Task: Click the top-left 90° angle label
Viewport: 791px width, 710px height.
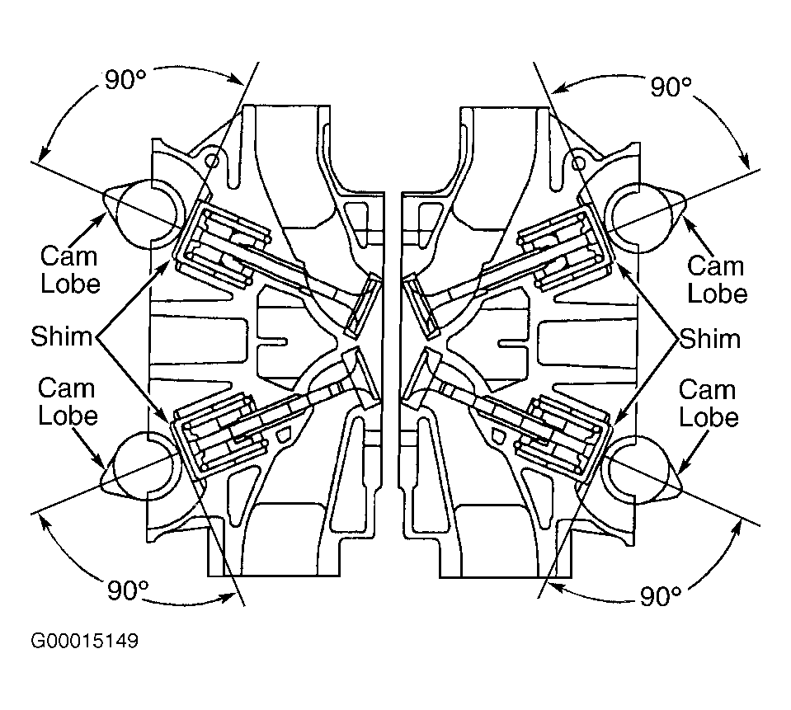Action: (x=125, y=79)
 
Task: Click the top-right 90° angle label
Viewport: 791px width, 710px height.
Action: (x=671, y=87)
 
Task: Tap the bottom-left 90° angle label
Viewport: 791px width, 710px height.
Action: (x=128, y=590)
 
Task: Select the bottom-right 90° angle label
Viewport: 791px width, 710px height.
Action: (x=661, y=596)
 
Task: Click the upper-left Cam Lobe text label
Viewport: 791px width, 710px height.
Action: (x=69, y=270)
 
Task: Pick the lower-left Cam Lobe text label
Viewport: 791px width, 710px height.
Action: (x=68, y=402)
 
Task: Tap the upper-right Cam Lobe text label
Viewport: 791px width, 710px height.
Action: (x=717, y=280)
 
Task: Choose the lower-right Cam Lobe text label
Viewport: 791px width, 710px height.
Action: (x=709, y=403)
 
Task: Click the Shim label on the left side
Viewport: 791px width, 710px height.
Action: (x=62, y=336)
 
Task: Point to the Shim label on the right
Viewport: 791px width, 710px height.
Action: (x=710, y=338)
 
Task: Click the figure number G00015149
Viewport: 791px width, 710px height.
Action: (x=84, y=641)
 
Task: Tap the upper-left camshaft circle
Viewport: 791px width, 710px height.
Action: (x=146, y=215)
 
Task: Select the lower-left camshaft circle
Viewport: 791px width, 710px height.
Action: (x=146, y=467)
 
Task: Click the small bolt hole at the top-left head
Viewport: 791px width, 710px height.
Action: (x=213, y=162)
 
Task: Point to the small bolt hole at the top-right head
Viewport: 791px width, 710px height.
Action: (x=579, y=163)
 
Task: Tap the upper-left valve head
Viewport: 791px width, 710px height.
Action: (x=365, y=306)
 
